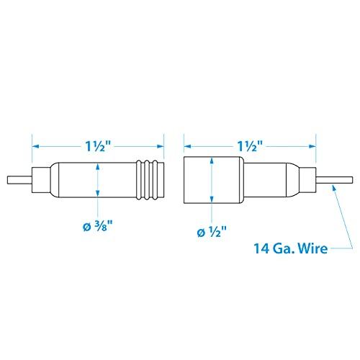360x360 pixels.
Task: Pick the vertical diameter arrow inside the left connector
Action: [98, 179]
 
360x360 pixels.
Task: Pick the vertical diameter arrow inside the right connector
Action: [211, 179]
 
